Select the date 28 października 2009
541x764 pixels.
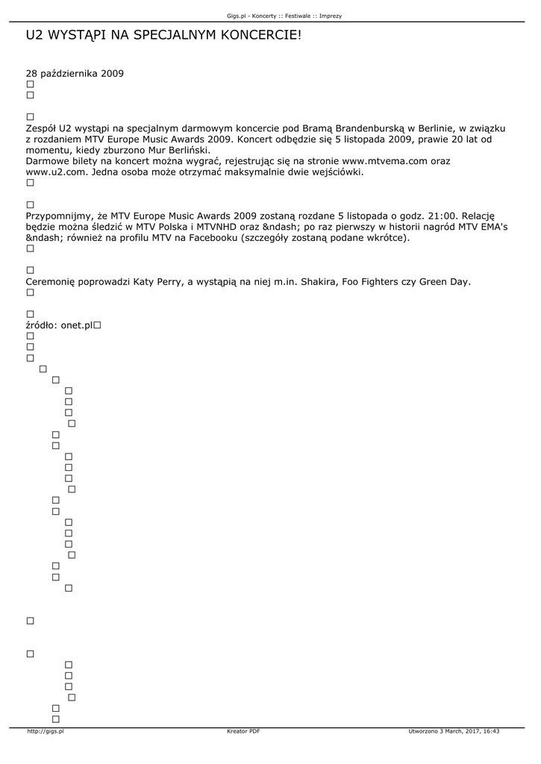(75, 74)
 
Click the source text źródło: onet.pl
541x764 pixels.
(59, 325)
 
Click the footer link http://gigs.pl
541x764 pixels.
(45, 731)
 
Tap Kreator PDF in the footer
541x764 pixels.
(243, 731)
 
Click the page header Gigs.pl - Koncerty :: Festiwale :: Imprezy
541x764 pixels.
(284, 16)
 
